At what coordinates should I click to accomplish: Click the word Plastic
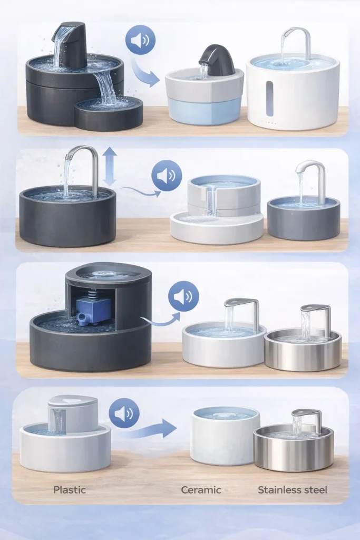point(70,490)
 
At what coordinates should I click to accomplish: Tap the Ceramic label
point(201,490)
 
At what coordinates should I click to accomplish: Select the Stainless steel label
point(293,490)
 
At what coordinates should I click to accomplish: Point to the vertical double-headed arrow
point(110,166)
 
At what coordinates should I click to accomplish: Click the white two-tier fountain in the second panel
point(217,211)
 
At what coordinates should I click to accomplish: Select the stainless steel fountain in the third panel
point(303,345)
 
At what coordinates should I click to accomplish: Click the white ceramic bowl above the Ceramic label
point(225,438)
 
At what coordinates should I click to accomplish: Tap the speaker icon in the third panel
point(183,296)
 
